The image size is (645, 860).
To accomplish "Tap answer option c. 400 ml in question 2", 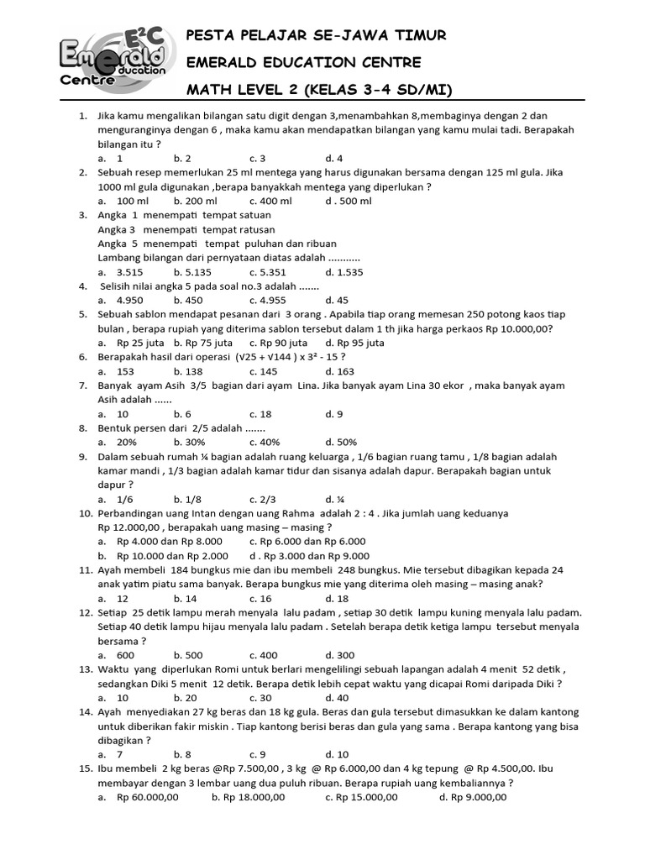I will point(270,201).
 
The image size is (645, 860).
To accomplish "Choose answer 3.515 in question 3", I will point(129,272).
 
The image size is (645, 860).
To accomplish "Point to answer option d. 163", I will point(340,371).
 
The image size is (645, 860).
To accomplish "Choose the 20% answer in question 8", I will point(127,442).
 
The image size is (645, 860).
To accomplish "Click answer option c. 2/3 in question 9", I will point(262,499).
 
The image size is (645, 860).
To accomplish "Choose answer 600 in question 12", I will point(125,655).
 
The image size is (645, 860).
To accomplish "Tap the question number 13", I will point(85,669).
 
